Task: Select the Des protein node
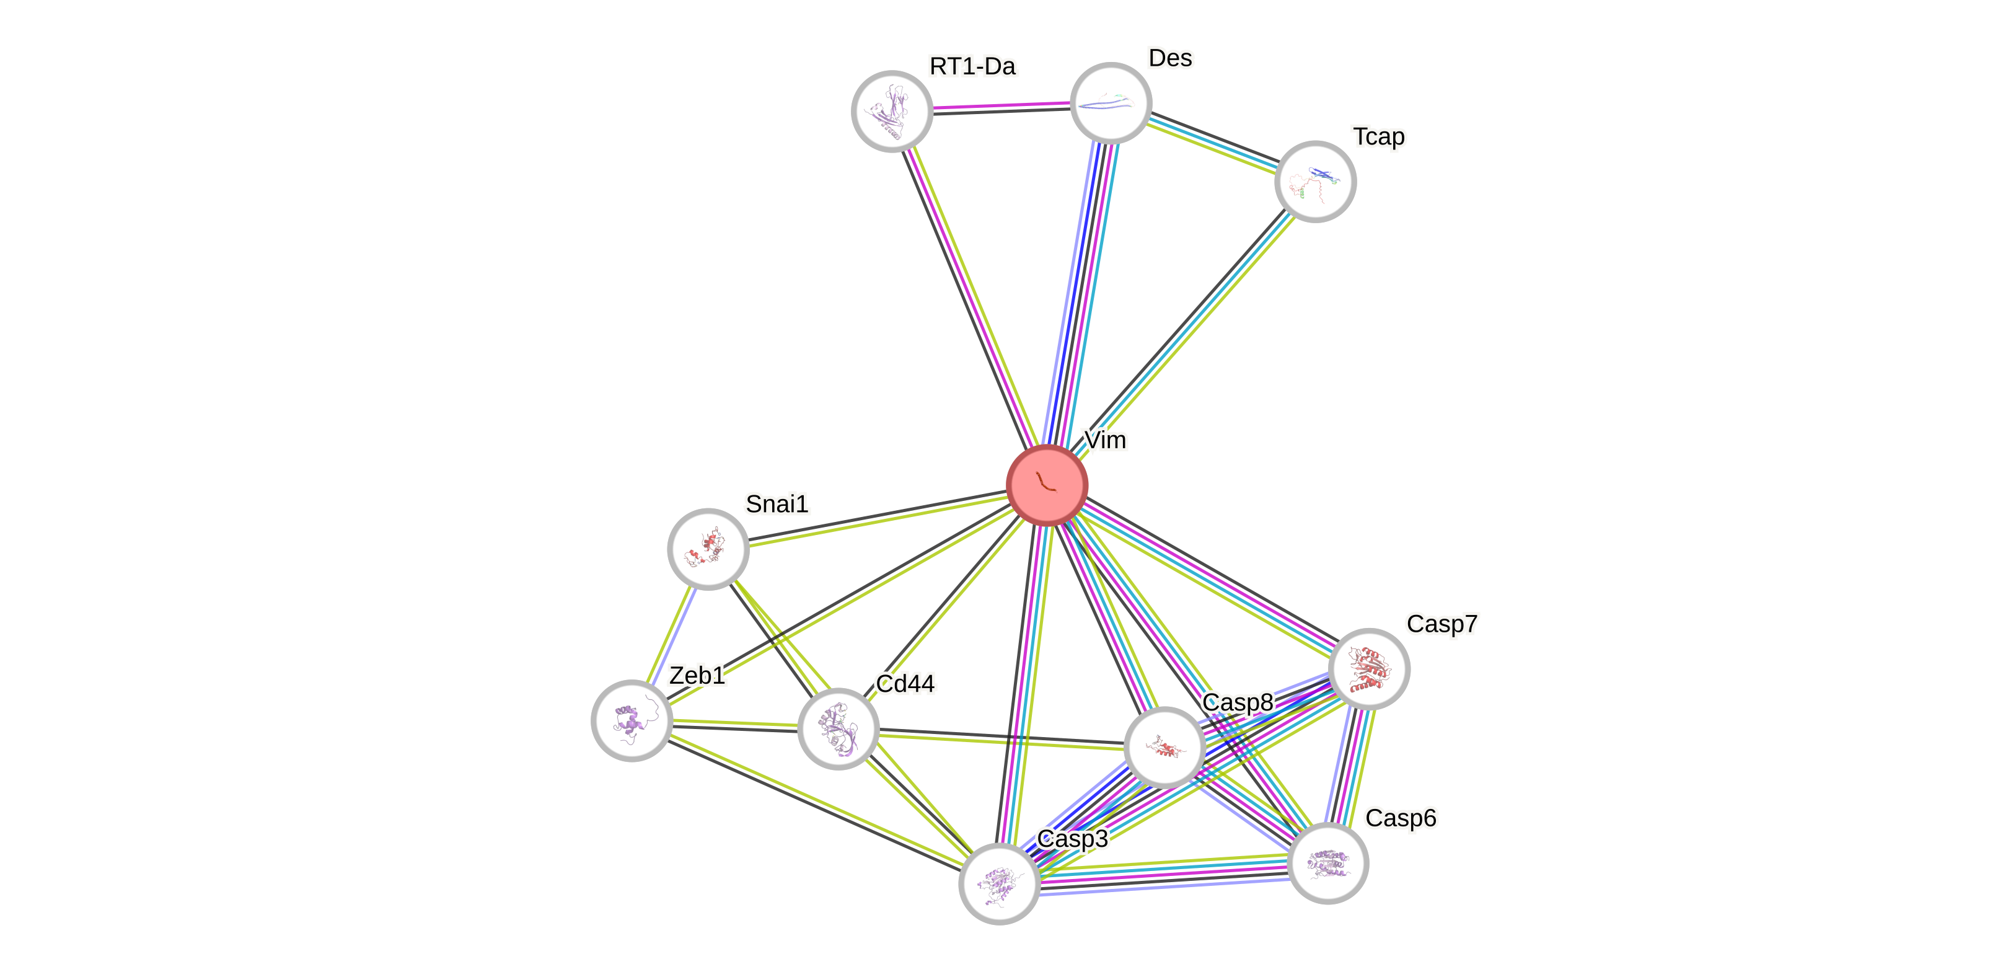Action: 1111,102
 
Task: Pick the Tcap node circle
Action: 1315,181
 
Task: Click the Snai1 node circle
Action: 708,548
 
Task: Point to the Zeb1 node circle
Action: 632,720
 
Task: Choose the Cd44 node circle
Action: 837,728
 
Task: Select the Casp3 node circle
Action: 1000,883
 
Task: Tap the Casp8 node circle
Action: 1164,747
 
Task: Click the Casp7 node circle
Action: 1369,668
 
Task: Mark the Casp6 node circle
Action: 1327,863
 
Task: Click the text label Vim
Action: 1104,441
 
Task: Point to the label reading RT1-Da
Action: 973,66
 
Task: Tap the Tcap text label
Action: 1379,137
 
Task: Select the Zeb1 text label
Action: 697,675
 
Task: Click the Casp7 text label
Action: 1442,624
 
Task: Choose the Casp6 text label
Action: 1400,818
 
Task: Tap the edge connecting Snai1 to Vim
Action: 876,518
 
